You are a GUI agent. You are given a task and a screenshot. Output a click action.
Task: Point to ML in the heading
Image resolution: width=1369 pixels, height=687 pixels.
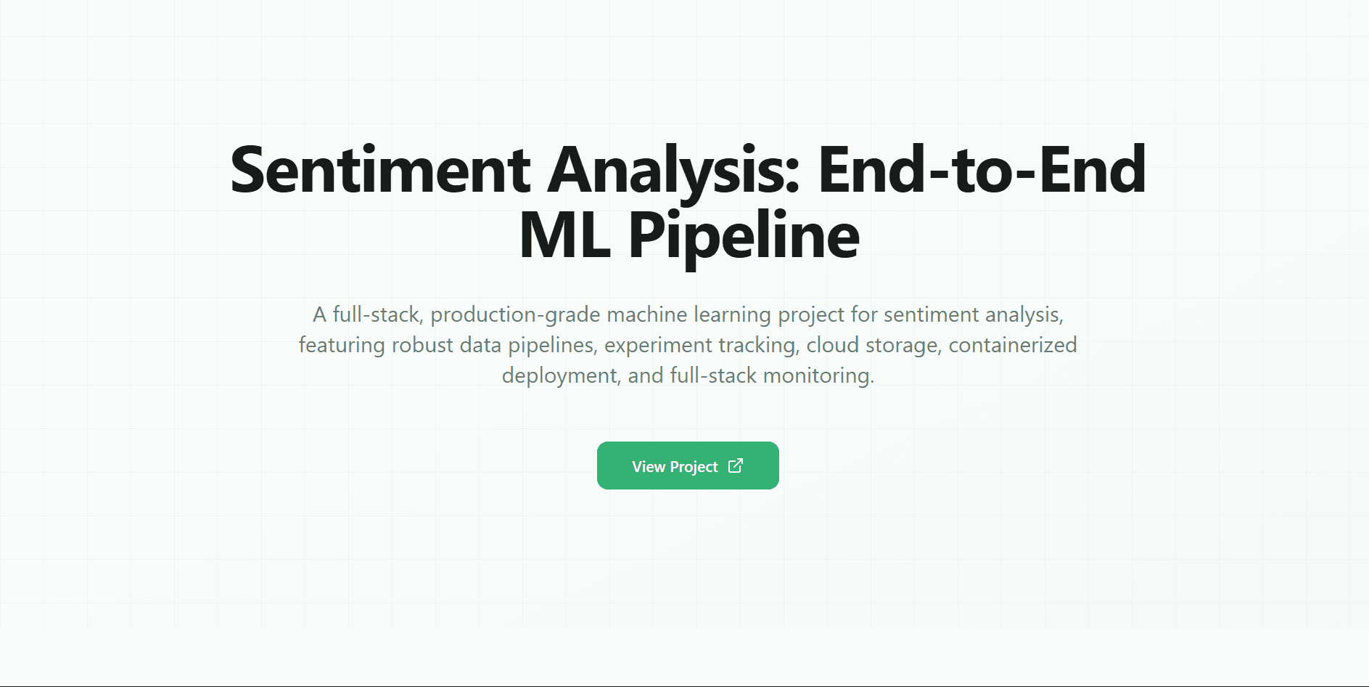tap(564, 235)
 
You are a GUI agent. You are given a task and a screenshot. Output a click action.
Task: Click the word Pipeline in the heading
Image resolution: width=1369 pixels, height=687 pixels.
tap(744, 235)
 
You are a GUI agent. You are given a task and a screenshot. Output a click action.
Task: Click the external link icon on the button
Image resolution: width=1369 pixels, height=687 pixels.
tap(736, 466)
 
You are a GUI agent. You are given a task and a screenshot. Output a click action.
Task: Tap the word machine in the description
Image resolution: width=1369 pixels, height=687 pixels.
tap(646, 314)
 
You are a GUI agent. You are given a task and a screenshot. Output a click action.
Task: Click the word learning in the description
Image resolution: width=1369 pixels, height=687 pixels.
tap(732, 314)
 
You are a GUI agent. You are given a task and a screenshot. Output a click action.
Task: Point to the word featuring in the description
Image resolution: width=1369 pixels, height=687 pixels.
tap(342, 345)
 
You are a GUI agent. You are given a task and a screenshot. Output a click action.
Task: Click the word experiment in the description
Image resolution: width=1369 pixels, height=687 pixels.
tap(648, 345)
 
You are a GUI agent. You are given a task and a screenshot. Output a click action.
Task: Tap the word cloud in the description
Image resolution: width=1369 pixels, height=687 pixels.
tap(832, 345)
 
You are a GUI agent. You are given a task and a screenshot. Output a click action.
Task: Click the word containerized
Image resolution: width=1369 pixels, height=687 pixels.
tap(1012, 345)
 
